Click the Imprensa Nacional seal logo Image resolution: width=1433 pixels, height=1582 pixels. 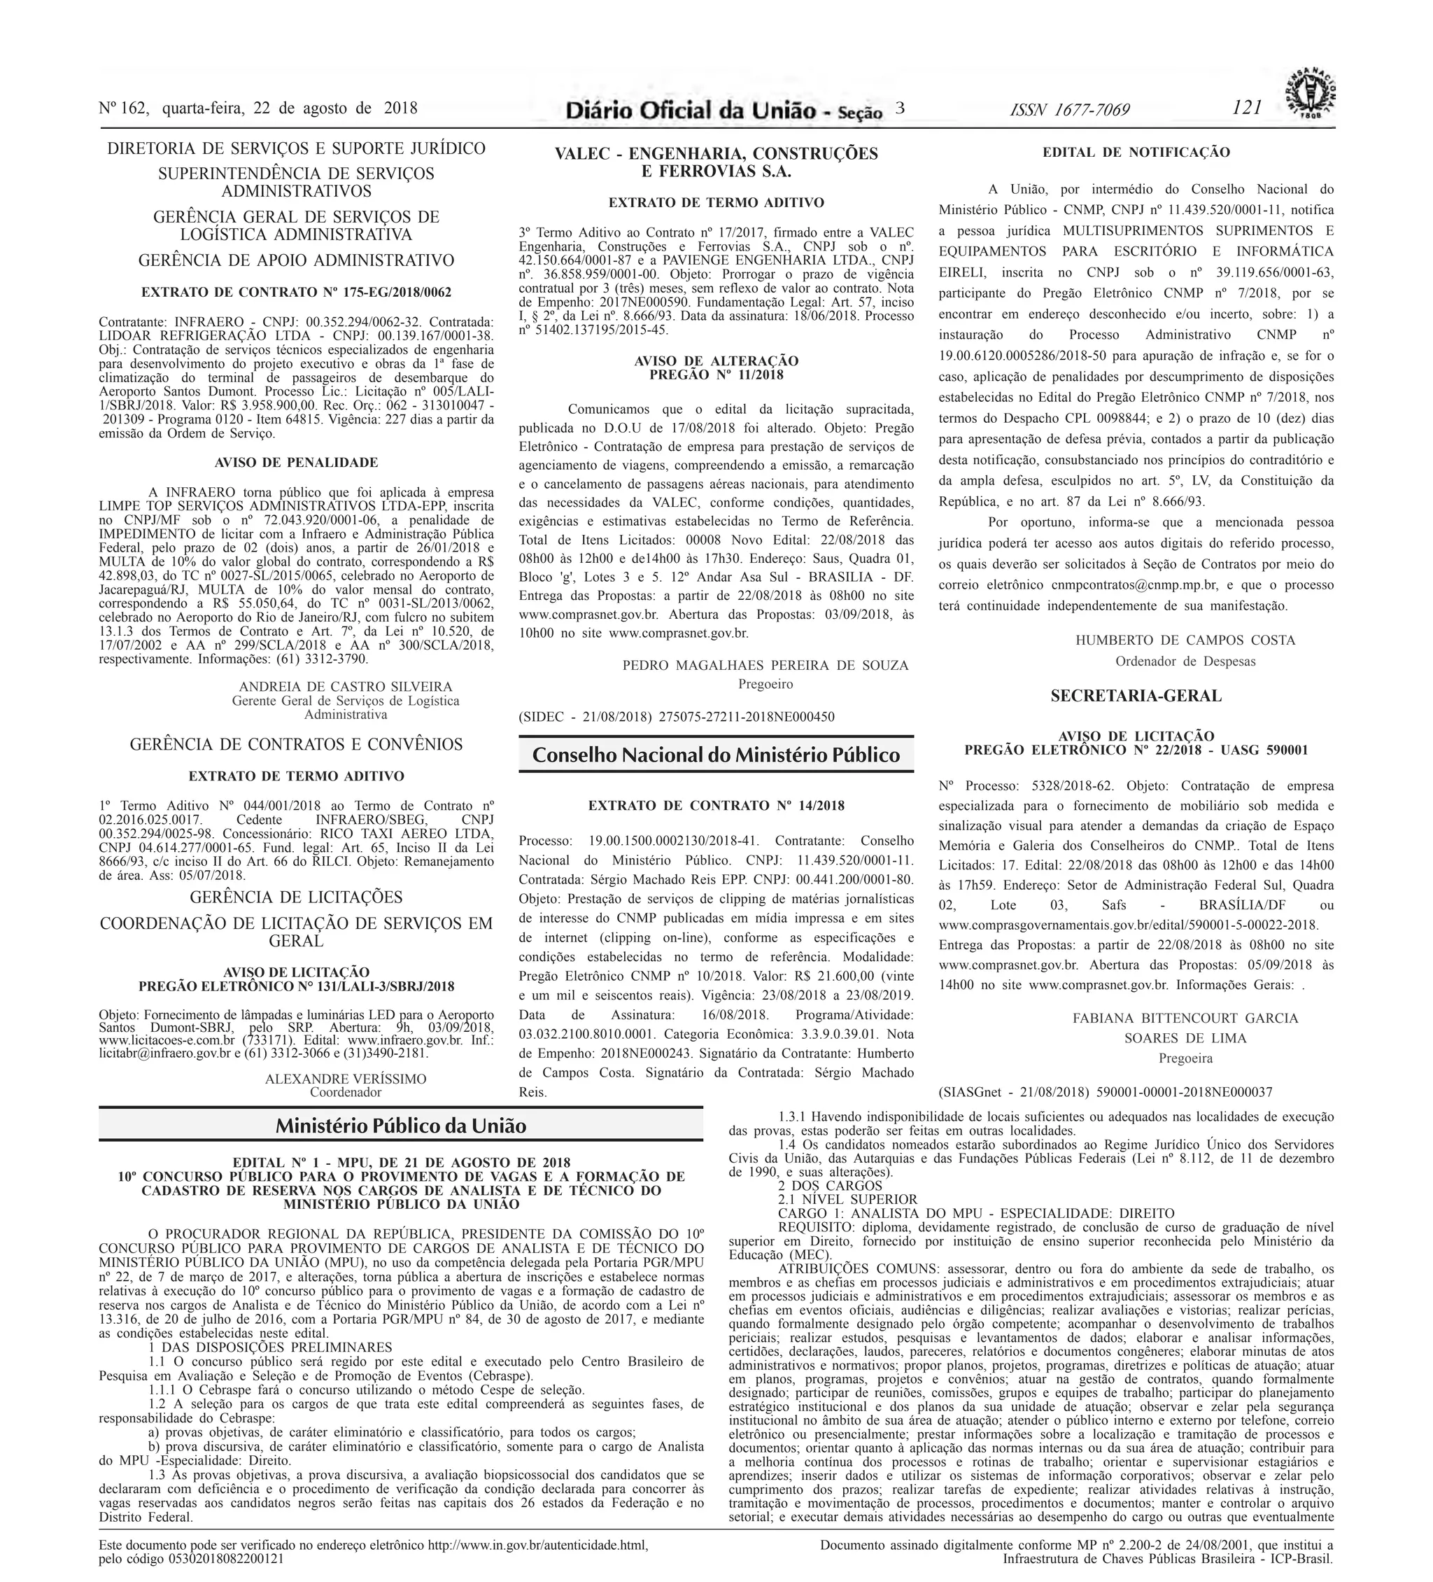pyautogui.click(x=1309, y=92)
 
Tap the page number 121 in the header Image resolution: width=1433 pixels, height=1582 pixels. pyautogui.click(x=1246, y=108)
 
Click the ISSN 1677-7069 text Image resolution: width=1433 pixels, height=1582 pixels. pyautogui.click(x=1070, y=110)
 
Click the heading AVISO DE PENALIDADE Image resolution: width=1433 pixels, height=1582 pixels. pyautogui.click(x=296, y=463)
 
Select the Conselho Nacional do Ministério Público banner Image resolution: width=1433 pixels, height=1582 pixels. pyautogui.click(x=715, y=755)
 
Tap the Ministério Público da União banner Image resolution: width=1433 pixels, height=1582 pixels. pyautogui.click(x=400, y=1126)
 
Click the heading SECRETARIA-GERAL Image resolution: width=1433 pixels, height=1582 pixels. pyautogui.click(x=1136, y=695)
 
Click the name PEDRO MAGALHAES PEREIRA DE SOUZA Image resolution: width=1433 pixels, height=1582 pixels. pyautogui.click(x=765, y=666)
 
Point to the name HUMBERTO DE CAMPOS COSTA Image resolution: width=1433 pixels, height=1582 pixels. pyautogui.click(x=1185, y=640)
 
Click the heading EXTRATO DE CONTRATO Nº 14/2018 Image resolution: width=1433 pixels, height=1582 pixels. pyautogui.click(x=716, y=806)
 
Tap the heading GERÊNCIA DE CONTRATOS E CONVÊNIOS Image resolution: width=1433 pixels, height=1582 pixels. pyautogui.click(x=296, y=744)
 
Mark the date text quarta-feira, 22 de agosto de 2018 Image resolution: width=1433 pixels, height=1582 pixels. pyautogui.click(x=290, y=108)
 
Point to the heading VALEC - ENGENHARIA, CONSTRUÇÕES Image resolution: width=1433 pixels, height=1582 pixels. pyautogui.click(x=716, y=154)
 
